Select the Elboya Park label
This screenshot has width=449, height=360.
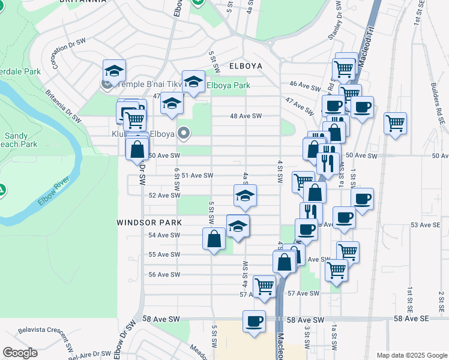pyautogui.click(x=228, y=86)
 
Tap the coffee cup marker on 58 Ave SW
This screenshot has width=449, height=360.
pyautogui.click(x=254, y=320)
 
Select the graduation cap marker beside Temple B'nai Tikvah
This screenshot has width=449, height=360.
pyautogui.click(x=114, y=70)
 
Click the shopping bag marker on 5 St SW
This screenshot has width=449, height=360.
pyautogui.click(x=214, y=239)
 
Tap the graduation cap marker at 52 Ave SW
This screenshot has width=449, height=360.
pyautogui.click(x=245, y=195)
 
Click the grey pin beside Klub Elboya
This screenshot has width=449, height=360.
pyautogui.click(x=184, y=134)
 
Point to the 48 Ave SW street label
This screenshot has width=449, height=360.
pyautogui.click(x=247, y=116)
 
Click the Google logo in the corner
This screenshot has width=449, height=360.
pyautogui.click(x=20, y=353)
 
